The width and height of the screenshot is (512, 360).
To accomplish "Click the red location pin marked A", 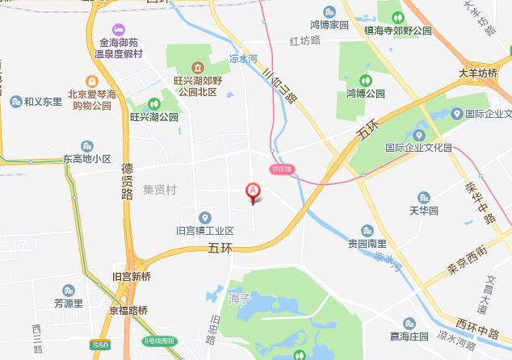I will click(253, 191).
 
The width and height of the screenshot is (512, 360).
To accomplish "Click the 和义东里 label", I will click(43, 102).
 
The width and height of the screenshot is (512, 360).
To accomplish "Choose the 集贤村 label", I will click(159, 190).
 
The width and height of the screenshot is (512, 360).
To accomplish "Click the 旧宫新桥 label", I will click(131, 276).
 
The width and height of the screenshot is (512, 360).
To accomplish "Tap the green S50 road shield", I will click(99, 345).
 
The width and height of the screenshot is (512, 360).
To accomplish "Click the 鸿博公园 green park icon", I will click(365, 81).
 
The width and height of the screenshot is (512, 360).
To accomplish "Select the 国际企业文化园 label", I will click(418, 148).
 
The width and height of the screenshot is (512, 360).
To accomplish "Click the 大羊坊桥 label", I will click(478, 73).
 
